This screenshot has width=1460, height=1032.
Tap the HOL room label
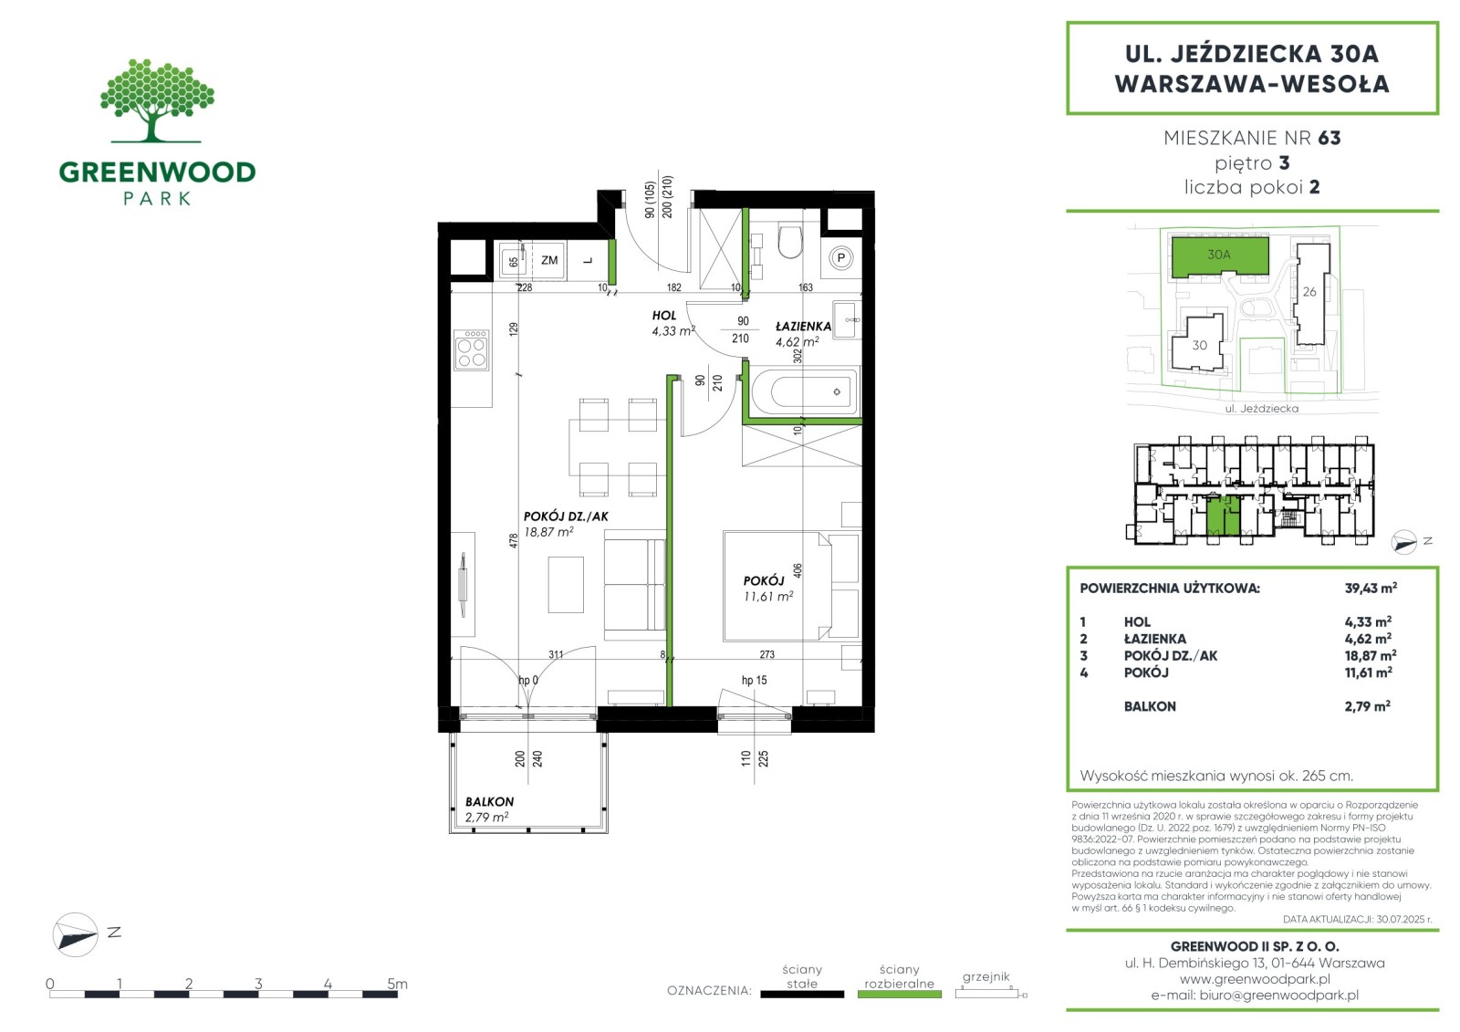[664, 316]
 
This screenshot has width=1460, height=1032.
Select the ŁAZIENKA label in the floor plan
[803, 326]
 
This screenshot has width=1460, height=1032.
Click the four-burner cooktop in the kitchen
[472, 350]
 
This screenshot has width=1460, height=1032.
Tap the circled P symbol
[840, 258]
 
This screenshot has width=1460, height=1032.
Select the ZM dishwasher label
[549, 260]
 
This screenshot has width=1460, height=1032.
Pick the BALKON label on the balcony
[489, 802]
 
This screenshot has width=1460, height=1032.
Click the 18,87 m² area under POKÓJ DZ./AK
[548, 532]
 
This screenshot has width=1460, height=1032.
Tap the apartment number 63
[1329, 138]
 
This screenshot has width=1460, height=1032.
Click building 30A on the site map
[1220, 256]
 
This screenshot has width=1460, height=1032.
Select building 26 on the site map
[1311, 294]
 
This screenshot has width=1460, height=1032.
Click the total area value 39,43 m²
[1371, 588]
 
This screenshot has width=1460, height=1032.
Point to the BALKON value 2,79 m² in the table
[1368, 706]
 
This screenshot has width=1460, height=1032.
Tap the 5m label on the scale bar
[397, 984]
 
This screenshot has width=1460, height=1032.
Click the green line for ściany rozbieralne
[900, 995]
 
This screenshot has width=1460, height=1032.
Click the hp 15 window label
[754, 680]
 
